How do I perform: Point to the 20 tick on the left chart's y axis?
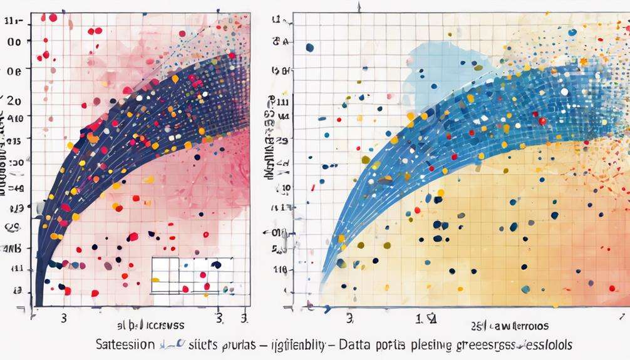click(14, 100)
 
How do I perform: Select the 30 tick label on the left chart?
click(15, 162)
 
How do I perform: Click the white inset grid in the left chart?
click(192, 275)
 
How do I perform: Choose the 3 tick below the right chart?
click(349, 318)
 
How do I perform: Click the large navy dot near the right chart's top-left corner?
click(309, 48)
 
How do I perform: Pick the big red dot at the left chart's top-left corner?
click(53, 18)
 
